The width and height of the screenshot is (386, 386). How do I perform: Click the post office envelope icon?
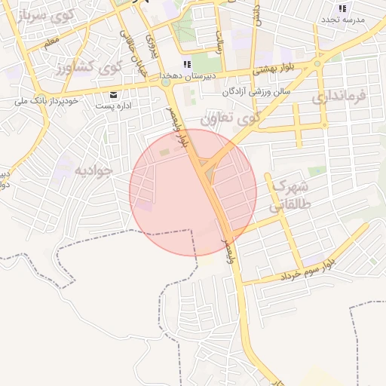tap(113, 95)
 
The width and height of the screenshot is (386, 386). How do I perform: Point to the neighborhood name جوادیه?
tap(93, 170)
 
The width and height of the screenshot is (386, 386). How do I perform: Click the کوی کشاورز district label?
tap(89, 68)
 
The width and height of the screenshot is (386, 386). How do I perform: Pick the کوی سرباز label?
tap(47, 13)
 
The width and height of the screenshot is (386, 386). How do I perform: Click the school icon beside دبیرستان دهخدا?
tap(187, 65)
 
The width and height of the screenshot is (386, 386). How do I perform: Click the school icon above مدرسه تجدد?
tap(342, 8)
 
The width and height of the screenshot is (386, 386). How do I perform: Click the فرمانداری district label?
tap(339, 96)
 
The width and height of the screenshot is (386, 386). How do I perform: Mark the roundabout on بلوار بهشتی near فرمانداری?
tap(318, 64)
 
